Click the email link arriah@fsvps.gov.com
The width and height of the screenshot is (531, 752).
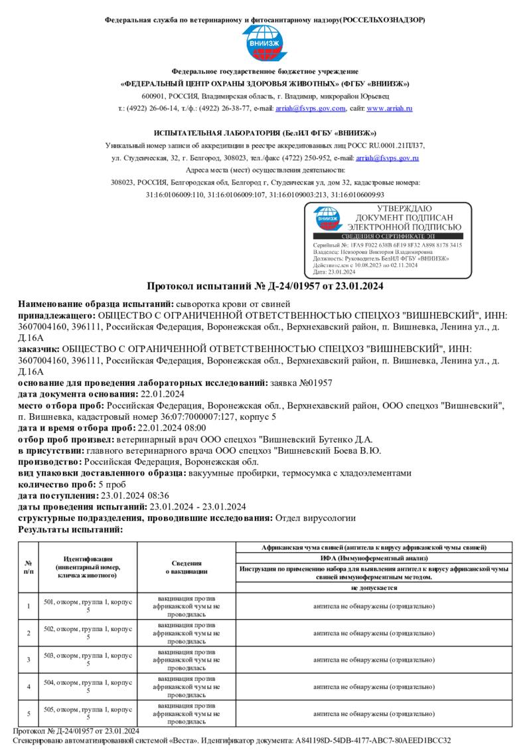tap(311, 108)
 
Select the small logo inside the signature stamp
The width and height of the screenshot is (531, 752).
tap(328, 217)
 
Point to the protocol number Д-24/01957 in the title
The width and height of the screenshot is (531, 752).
tap(293, 286)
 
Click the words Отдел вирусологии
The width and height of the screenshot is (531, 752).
tap(315, 517)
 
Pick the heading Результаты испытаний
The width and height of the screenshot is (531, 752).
tap(70, 529)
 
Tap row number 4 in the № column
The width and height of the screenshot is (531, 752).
tap(29, 686)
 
